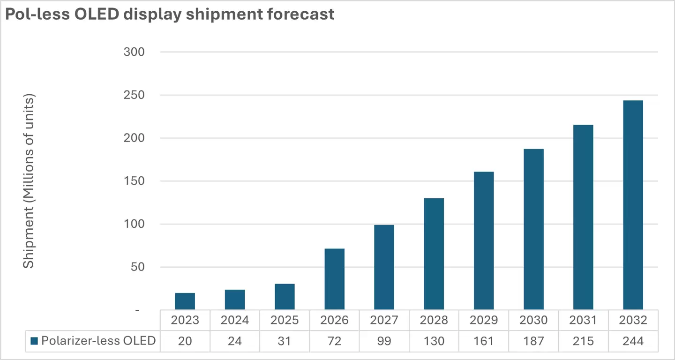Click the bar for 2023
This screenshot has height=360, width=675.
pyautogui.click(x=185, y=301)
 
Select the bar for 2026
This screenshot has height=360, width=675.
pyautogui.click(x=334, y=279)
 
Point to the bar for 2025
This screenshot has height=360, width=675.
pyautogui.click(x=285, y=296)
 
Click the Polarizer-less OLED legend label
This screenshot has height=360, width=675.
pyautogui.click(x=98, y=341)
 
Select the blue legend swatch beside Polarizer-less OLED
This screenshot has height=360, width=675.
pyautogui.click(x=34, y=341)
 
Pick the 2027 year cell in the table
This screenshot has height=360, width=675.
pyautogui.click(x=384, y=320)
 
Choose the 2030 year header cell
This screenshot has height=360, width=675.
pyautogui.click(x=533, y=320)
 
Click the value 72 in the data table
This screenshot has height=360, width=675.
pyautogui.click(x=334, y=341)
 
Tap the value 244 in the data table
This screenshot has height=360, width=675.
pyautogui.click(x=633, y=341)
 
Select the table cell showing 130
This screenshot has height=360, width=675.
pyautogui.click(x=434, y=341)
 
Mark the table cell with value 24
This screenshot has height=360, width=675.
pyautogui.click(x=234, y=341)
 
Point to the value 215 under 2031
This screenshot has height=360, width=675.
pyautogui.click(x=583, y=341)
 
